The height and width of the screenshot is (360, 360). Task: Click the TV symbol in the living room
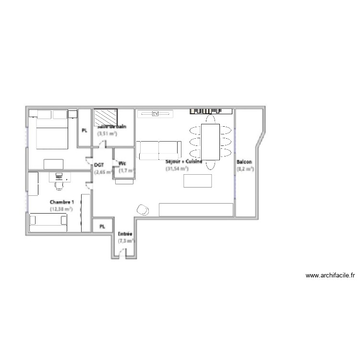[x=155, y=114]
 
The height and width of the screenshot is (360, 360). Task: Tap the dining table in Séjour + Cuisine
[x=210, y=142]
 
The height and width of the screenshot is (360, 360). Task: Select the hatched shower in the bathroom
[x=106, y=117]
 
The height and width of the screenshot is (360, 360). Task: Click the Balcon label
[x=244, y=162]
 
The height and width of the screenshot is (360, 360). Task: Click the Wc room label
[x=122, y=163]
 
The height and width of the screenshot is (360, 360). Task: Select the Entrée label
[x=125, y=234]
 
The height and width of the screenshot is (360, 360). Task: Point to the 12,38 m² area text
[x=61, y=209]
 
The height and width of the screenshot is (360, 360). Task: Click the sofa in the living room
[x=158, y=150]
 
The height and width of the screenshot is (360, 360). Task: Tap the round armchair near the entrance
[x=143, y=209]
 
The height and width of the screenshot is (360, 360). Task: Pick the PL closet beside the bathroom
[x=84, y=130]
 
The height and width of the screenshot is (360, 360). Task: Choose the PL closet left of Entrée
[x=102, y=226]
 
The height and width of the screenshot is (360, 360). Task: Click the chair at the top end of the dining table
[x=210, y=118]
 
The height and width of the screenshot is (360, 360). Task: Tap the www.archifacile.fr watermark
[x=330, y=276]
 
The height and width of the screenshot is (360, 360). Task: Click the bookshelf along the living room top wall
[x=211, y=111]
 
